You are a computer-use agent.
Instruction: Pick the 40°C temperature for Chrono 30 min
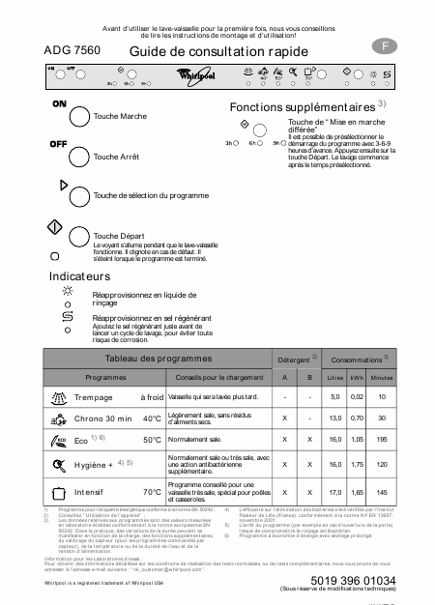click(152, 418)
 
